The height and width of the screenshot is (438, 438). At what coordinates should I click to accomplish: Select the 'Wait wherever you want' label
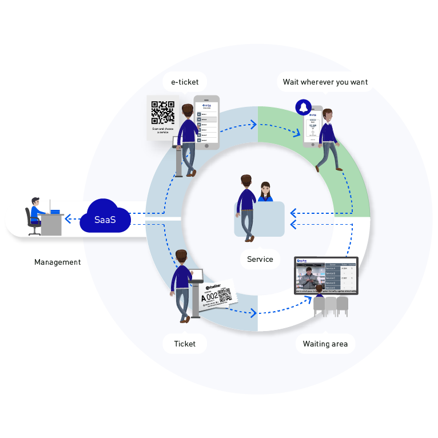coord(325,82)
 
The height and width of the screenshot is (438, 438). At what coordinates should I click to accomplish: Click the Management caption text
coord(57,262)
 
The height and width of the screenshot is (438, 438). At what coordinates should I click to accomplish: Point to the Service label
coord(260,259)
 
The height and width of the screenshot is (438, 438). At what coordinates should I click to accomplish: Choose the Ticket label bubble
coord(185,344)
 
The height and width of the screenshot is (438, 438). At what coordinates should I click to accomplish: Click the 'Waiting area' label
coord(325,344)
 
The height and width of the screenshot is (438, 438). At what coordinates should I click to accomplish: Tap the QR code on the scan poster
coord(162,112)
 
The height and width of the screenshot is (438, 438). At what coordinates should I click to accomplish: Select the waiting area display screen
coord(326,275)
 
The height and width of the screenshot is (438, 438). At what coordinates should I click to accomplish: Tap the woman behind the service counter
coord(265,193)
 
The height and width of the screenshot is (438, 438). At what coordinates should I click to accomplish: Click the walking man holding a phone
coord(328,139)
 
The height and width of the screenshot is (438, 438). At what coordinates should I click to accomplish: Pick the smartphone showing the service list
coord(207,122)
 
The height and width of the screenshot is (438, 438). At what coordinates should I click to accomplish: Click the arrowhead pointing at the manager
coord(67,218)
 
